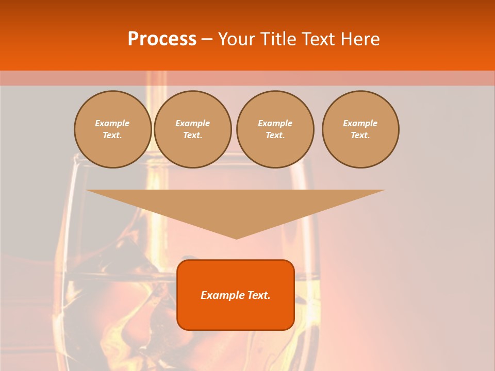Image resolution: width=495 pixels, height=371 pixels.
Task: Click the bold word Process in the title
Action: coord(162,39)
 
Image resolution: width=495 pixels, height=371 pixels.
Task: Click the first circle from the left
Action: coord(113,129)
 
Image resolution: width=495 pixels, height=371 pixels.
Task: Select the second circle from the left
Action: coord(193,129)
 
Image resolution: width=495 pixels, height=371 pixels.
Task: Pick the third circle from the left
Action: coord(275,129)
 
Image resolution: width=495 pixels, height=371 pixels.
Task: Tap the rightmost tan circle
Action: coord(360,129)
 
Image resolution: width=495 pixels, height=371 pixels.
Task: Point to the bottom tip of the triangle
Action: coord(236,238)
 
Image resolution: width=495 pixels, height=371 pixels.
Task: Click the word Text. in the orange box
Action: coord(258,295)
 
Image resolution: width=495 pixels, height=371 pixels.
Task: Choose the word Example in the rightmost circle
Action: coord(360,123)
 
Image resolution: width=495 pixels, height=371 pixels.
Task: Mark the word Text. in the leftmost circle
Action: coord(112,136)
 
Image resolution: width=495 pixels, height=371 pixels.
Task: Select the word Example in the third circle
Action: coord(275,123)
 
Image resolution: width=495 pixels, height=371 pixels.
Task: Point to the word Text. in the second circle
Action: coord(193,136)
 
